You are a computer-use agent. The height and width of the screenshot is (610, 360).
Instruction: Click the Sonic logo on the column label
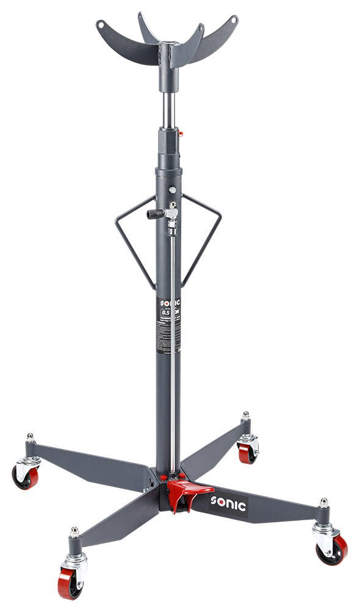point(169,303)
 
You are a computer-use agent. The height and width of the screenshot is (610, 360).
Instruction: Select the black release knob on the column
point(154,214)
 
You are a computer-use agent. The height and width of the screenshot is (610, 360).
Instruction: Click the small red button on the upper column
point(181,132)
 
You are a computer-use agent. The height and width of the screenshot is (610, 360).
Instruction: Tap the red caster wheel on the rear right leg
point(247,453)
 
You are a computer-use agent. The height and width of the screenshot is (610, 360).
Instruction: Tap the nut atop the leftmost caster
point(29,437)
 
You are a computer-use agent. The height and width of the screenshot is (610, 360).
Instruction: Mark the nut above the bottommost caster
point(74,531)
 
